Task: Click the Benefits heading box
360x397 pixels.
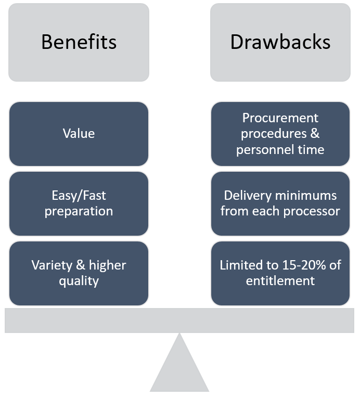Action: coord(79,42)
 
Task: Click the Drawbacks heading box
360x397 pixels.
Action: coord(280,42)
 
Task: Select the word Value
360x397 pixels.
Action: coord(79,134)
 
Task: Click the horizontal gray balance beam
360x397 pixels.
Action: coord(179,320)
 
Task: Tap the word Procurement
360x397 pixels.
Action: coord(280,118)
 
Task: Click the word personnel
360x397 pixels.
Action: coord(261,150)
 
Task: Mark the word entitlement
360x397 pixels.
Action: coord(280,281)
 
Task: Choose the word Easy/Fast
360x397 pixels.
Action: coord(79,196)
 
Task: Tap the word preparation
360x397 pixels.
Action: coord(79,211)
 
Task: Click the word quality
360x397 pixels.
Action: coord(79,281)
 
